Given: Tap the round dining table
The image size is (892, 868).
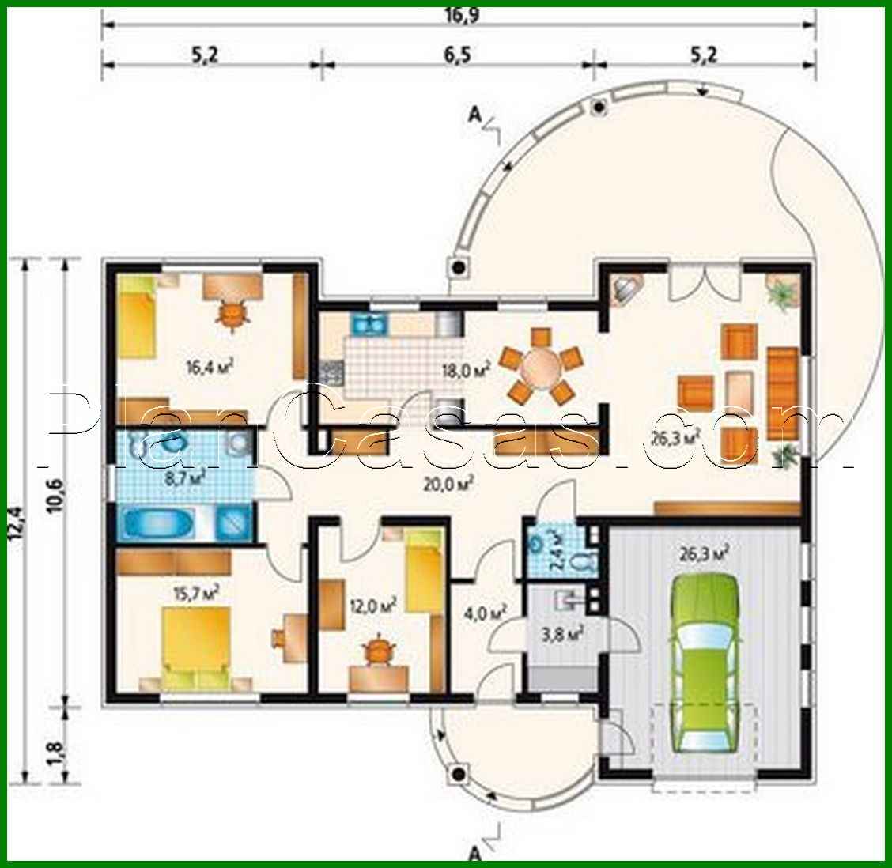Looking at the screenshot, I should [x=542, y=366].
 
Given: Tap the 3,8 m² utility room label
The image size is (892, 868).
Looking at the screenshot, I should [x=565, y=632].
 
